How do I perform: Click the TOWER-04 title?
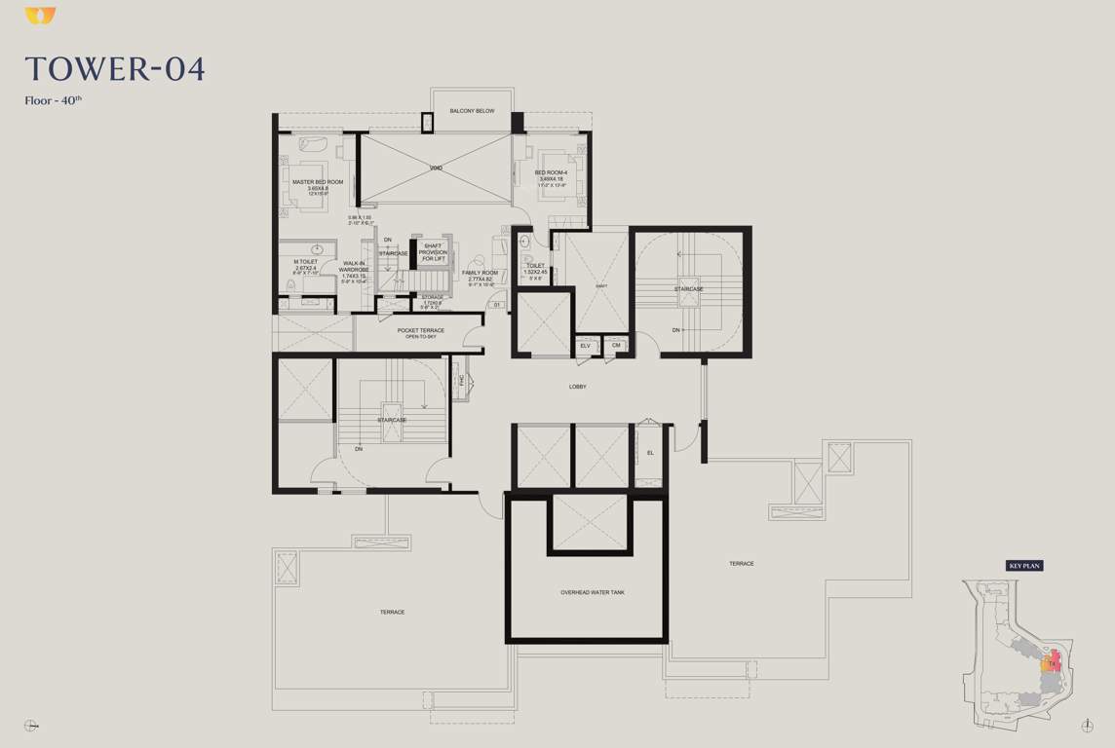pos(115,69)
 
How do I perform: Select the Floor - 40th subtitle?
pos(54,100)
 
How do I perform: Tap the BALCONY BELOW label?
pos(472,111)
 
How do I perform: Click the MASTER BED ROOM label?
pos(318,182)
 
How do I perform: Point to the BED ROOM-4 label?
pos(551,173)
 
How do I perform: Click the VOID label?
pos(436,168)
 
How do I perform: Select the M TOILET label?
pos(305,262)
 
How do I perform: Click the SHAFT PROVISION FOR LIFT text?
pos(433,252)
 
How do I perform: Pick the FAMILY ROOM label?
pos(481,273)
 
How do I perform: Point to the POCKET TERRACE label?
pos(421,331)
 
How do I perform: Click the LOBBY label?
pos(578,387)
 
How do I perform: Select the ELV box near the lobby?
pos(586,346)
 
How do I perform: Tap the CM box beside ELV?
pos(616,346)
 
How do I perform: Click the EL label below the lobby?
pos(650,453)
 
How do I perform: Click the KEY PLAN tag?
pos(1024,566)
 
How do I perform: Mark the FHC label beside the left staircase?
pos(462,381)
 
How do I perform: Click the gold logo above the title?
pos(40,16)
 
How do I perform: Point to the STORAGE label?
pos(433,297)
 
